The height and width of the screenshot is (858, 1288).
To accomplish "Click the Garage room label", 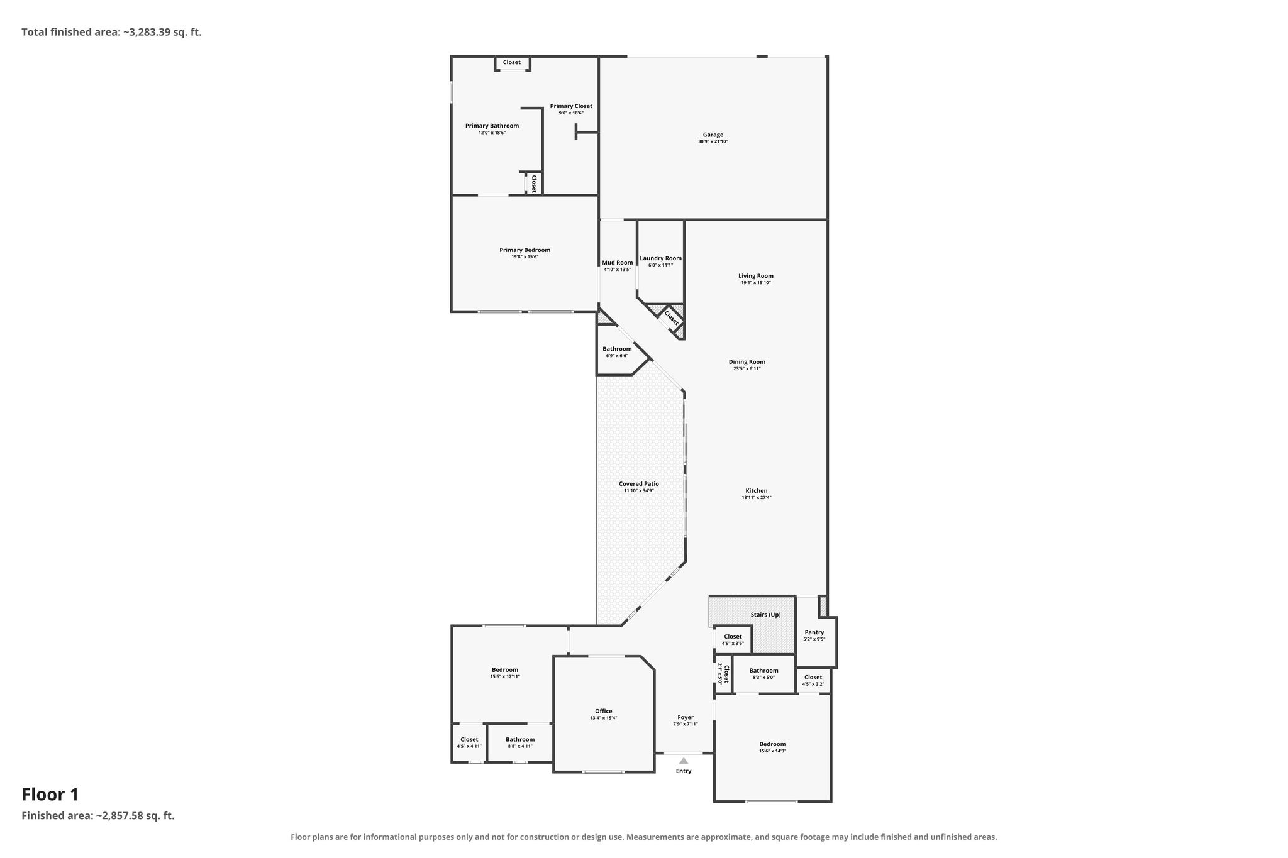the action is click(713, 135).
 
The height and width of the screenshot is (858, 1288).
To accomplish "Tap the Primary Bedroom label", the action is click(525, 250).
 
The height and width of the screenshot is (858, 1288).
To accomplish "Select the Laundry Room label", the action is click(660, 258).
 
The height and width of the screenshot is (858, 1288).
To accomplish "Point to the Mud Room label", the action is click(617, 263).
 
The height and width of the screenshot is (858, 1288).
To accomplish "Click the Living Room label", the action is click(755, 276).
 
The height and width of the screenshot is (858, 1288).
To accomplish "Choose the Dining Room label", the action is click(747, 362).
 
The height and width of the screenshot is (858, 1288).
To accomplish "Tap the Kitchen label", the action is click(756, 491).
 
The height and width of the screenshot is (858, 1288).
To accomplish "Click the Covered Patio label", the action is click(638, 484).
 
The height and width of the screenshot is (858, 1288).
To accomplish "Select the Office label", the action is click(603, 712).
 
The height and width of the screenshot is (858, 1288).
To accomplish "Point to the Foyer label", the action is click(685, 717).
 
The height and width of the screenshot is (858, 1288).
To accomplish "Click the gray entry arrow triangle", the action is click(683, 761).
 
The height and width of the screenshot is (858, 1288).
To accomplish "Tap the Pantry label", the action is click(814, 632).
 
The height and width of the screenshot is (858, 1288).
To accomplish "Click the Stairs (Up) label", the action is click(765, 615).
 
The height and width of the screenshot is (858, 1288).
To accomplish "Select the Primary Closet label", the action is click(570, 106).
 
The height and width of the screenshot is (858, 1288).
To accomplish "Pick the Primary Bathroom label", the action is click(492, 126).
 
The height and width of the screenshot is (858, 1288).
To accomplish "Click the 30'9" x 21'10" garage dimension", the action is click(713, 142).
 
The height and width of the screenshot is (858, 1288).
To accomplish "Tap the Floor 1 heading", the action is click(50, 795).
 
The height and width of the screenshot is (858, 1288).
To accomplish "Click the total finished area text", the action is click(111, 32).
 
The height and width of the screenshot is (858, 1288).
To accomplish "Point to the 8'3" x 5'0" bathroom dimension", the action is click(763, 678).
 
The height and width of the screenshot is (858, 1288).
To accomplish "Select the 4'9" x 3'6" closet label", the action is click(733, 644).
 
